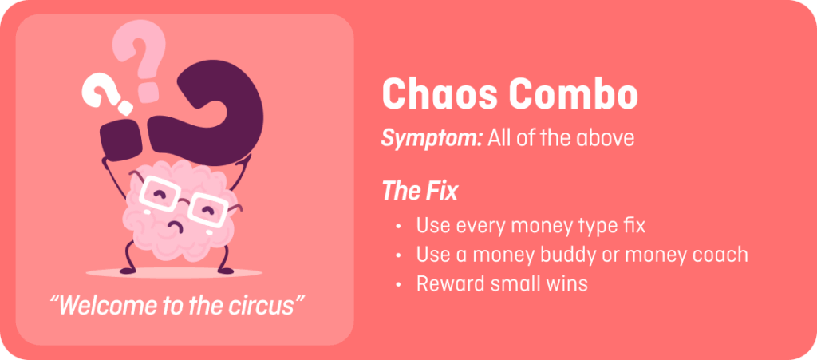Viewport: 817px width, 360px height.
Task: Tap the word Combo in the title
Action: click(573, 93)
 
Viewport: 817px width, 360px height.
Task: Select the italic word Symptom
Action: click(432, 139)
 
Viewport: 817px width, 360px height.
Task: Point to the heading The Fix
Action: click(420, 191)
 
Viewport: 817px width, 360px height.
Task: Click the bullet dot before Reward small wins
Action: click(399, 284)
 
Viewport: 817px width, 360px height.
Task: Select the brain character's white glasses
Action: click(184, 200)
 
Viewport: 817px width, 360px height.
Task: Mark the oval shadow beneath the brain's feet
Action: click(174, 272)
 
